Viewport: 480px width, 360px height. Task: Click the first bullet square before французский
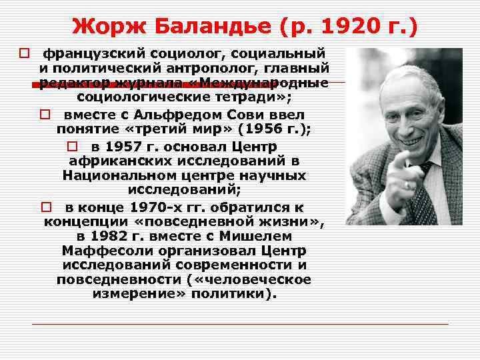pyautogui.click(x=23, y=53)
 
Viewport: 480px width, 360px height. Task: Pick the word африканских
pyautogui.click(x=109, y=161)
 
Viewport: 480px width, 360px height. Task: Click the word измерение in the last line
pyautogui.click(x=125, y=294)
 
